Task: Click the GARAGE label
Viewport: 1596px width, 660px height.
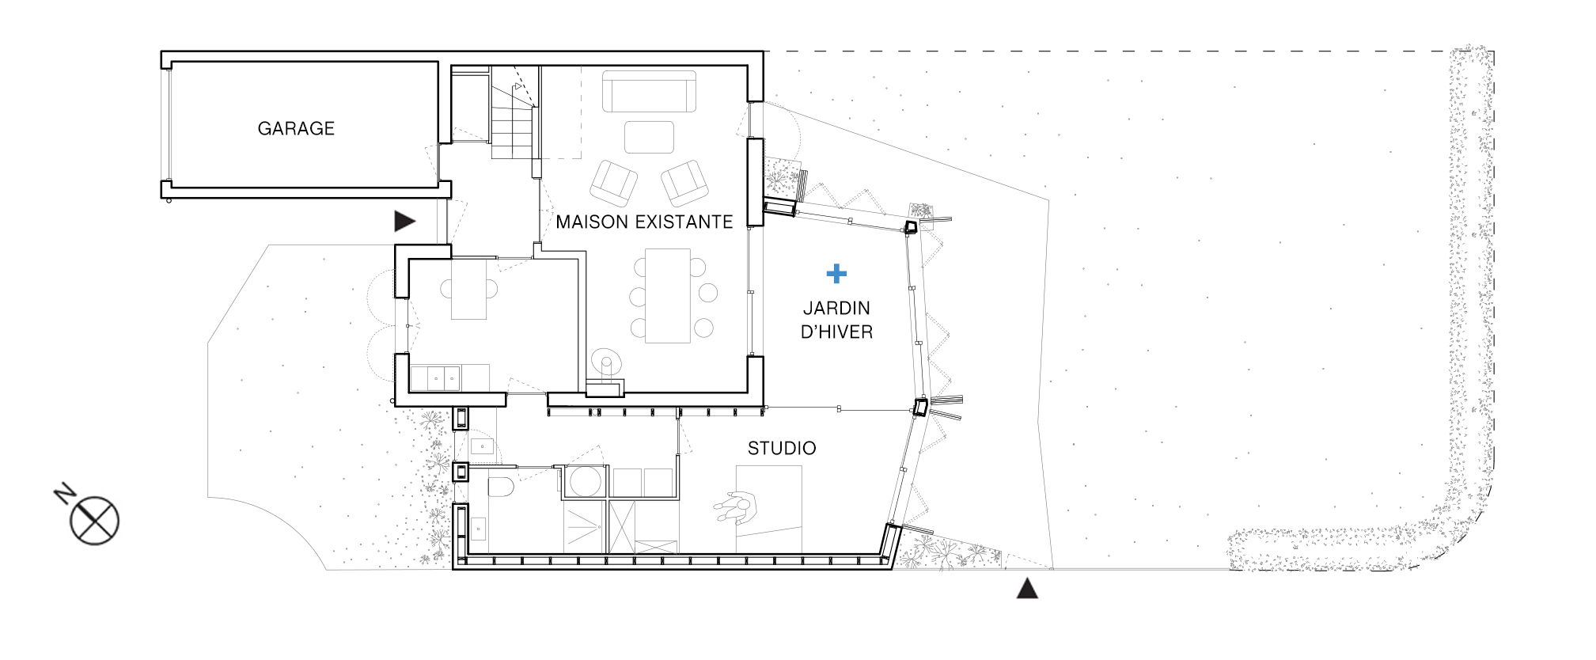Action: point(296,128)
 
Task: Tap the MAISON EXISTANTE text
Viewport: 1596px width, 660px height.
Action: point(644,222)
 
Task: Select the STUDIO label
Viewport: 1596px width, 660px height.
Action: point(782,448)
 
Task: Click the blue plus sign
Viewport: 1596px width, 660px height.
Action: point(836,274)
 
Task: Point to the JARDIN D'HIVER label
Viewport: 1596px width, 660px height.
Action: point(836,320)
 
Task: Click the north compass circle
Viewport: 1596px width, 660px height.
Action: point(94,522)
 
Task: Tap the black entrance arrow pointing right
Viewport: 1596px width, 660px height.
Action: point(405,221)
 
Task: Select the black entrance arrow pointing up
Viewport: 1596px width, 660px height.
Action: point(1027,588)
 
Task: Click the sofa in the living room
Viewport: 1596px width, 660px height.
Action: point(649,91)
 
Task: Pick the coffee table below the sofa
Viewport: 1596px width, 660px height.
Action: point(649,137)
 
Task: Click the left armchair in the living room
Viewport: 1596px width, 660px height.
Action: point(614,184)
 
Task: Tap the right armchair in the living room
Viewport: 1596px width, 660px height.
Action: point(684,184)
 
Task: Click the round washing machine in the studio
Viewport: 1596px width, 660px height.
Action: point(586,481)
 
